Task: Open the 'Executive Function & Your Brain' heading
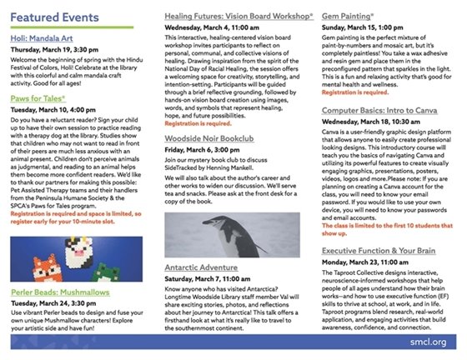coord(384,249)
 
